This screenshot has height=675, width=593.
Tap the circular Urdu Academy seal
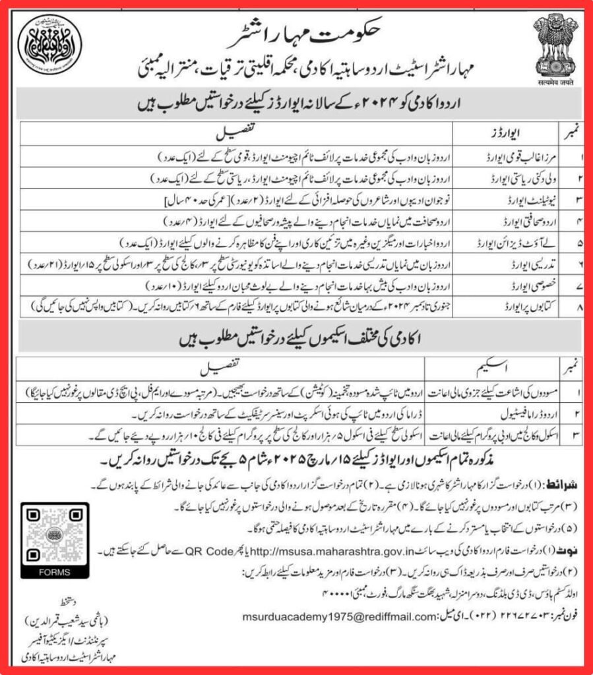click(x=49, y=47)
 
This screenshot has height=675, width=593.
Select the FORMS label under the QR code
click(x=53, y=572)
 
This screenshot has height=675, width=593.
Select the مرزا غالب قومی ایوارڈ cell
click(x=518, y=159)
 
